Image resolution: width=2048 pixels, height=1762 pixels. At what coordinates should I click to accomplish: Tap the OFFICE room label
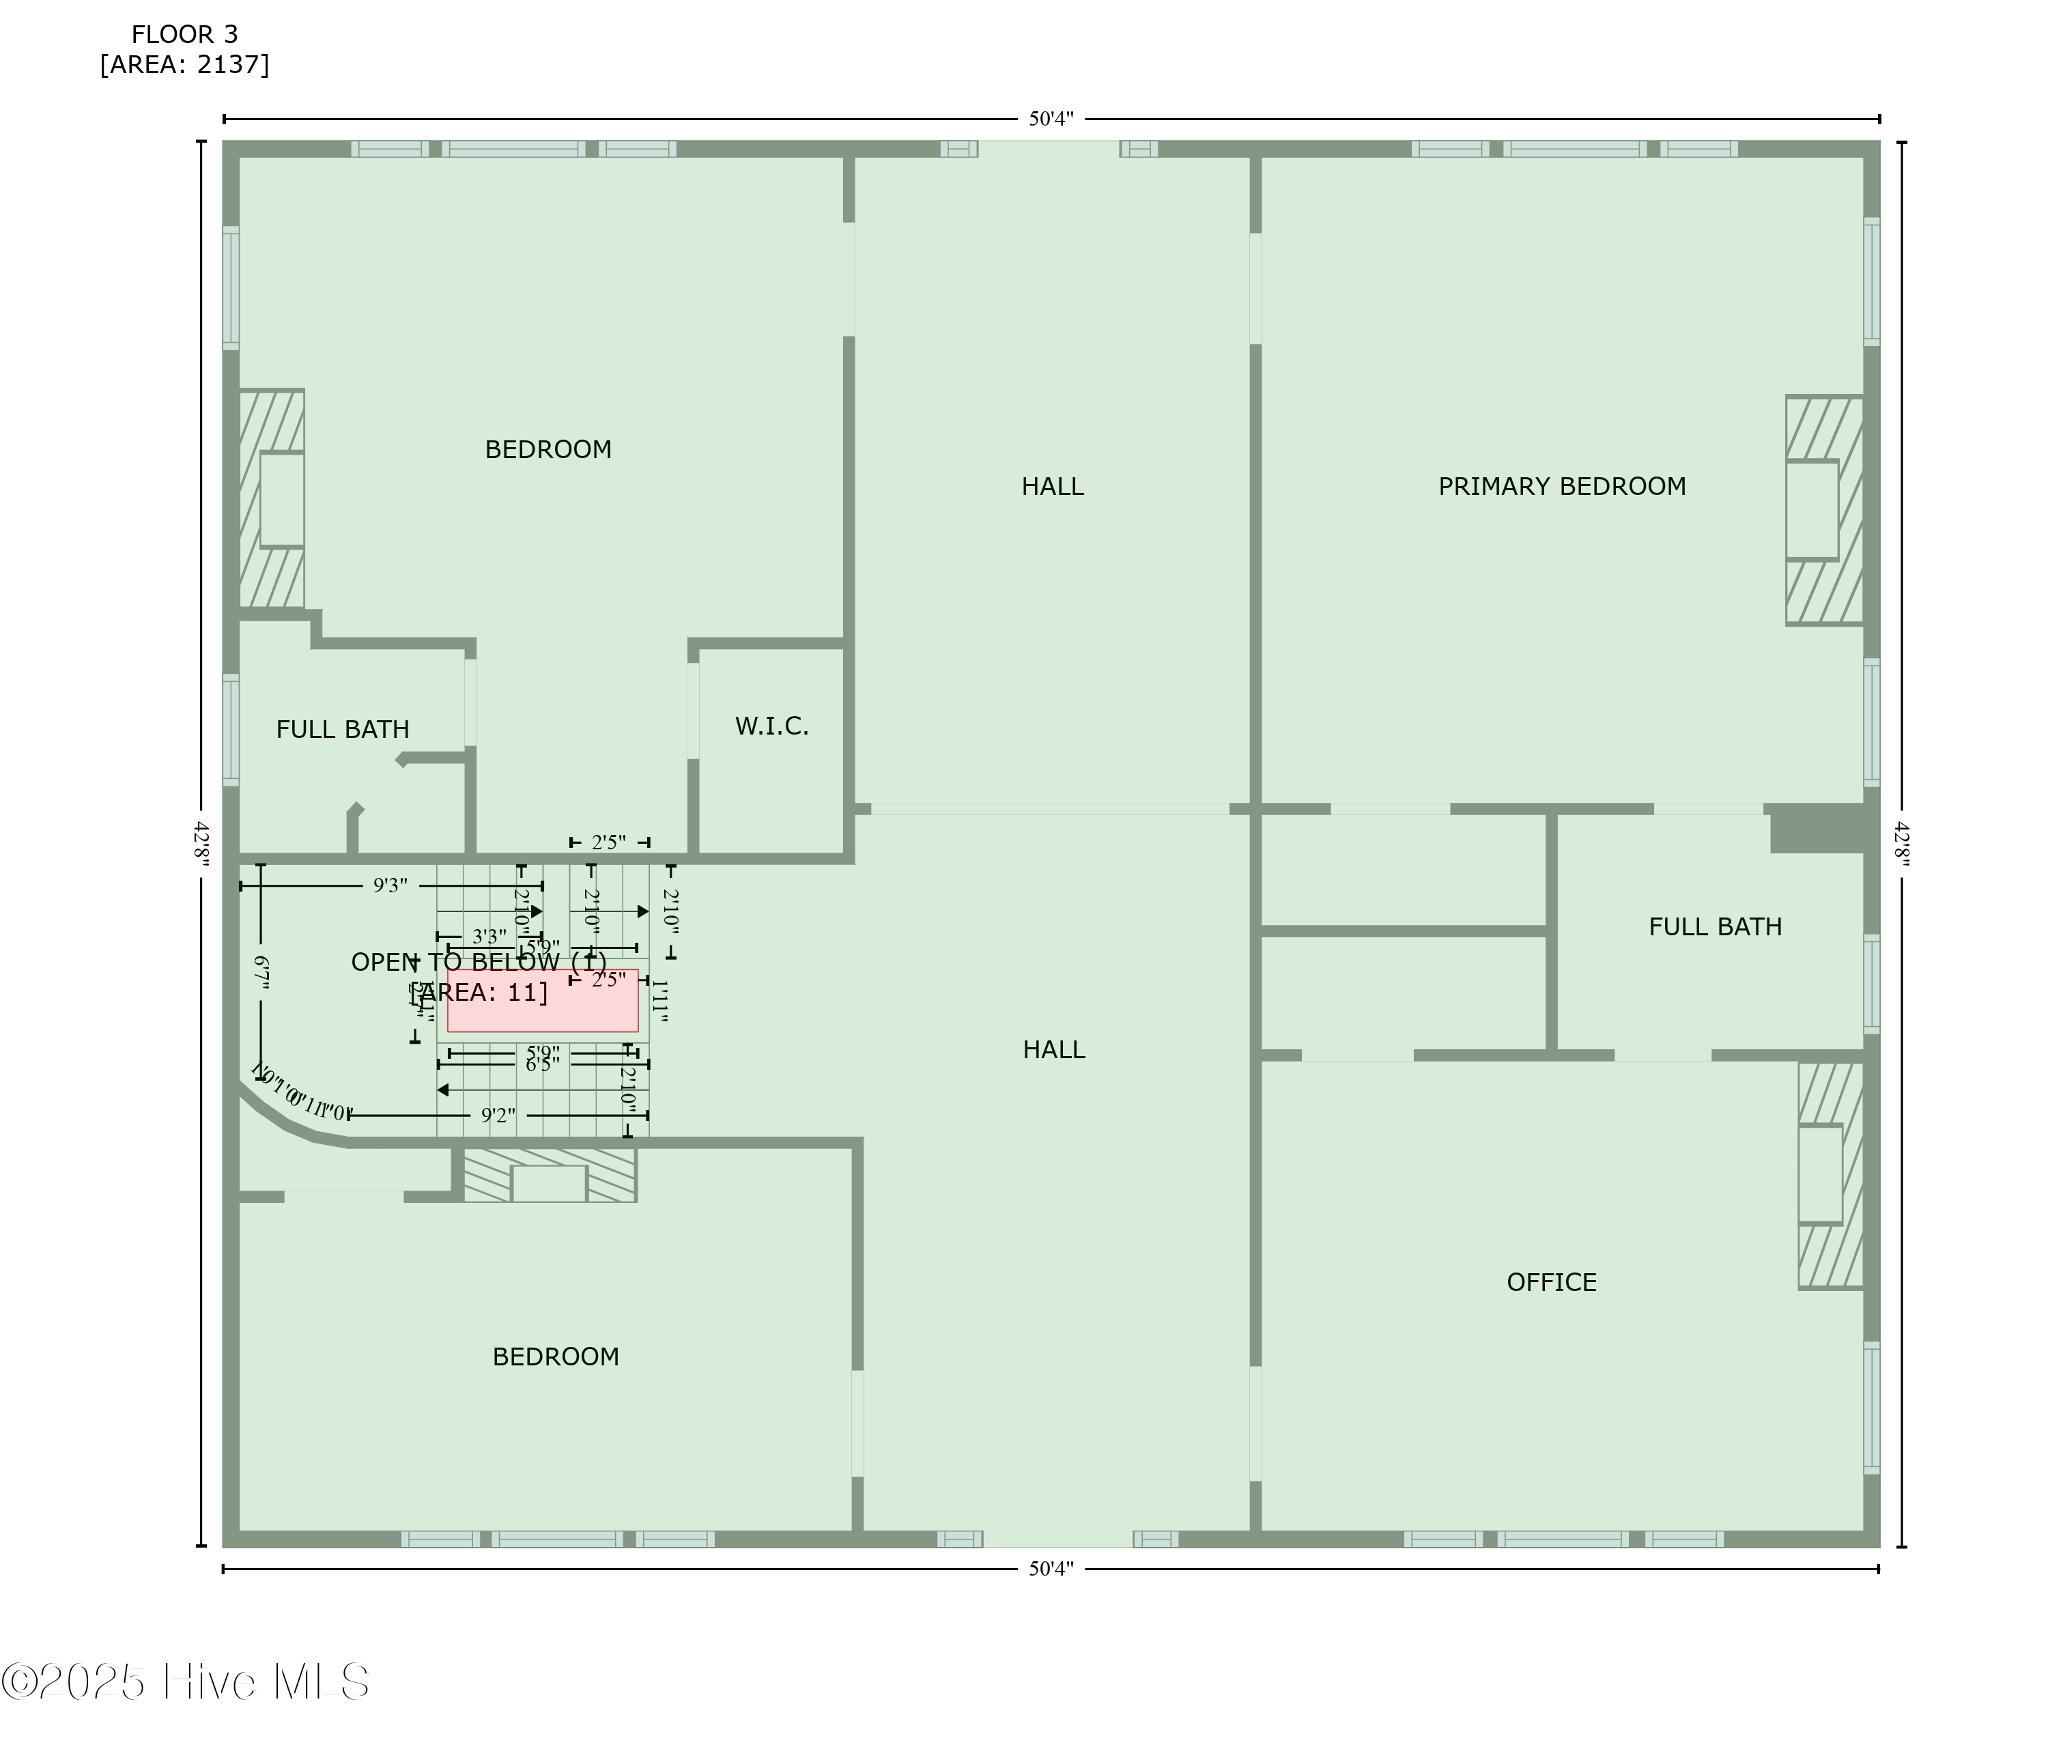coord(1551,1281)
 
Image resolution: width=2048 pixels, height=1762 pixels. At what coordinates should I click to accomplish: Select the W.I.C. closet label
coord(771,726)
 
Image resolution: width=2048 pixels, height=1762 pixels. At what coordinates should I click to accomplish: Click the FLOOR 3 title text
coord(185,35)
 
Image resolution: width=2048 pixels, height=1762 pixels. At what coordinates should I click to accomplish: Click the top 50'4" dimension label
coord(1051,119)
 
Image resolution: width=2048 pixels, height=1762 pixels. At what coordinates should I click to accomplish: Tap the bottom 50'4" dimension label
coord(1051,1568)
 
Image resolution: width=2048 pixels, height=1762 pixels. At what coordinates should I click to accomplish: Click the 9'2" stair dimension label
coord(498,1116)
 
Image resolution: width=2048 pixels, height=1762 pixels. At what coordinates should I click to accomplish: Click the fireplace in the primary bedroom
coord(1823,510)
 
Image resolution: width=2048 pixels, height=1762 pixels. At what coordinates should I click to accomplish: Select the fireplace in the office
coord(1830,1175)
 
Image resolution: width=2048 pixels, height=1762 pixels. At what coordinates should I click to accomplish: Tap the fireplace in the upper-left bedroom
coord(272,499)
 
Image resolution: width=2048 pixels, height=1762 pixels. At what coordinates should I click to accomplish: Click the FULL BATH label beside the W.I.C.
coord(342,729)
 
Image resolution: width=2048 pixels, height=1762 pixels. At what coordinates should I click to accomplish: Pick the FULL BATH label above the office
coord(1715,927)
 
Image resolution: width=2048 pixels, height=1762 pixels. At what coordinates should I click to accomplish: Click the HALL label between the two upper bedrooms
coord(1053,486)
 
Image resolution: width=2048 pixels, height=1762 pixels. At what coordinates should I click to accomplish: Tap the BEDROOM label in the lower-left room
coord(556,1357)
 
